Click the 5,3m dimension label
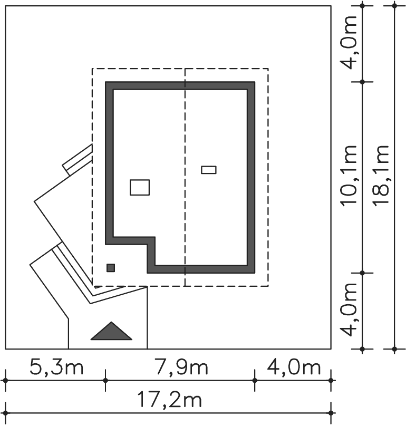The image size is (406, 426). click(x=56, y=367)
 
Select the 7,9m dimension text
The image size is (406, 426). click(x=181, y=367)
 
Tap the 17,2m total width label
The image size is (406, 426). click(x=170, y=400)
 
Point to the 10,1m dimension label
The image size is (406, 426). click(x=349, y=176)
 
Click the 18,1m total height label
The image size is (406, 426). click(x=381, y=176)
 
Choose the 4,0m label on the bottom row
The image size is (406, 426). click(x=294, y=367)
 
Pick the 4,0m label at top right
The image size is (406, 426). click(x=349, y=43)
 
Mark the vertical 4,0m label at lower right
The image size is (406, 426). click(x=349, y=309)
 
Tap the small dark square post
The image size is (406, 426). click(x=111, y=268)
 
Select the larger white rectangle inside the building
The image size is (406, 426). click(x=140, y=188)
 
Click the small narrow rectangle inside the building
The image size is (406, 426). click(x=209, y=170)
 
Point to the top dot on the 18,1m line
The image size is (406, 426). click(x=395, y=5)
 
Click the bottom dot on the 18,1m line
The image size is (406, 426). click(x=395, y=349)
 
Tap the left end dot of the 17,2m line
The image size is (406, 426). click(x=5, y=413)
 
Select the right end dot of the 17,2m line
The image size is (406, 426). click(x=331, y=413)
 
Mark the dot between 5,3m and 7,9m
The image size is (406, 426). click(x=105, y=381)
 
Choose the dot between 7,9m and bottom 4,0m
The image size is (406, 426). click(x=255, y=381)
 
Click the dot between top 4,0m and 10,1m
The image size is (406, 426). click(x=362, y=82)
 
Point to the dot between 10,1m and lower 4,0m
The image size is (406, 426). click(x=362, y=273)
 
